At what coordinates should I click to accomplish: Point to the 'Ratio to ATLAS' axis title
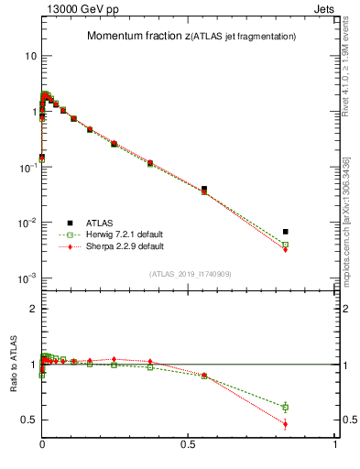click(12, 365)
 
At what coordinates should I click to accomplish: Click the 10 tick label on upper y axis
click(29, 56)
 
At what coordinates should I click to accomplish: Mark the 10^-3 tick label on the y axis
click(26, 278)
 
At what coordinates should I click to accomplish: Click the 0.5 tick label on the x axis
click(188, 444)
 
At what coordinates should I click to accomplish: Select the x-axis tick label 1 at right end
click(335, 444)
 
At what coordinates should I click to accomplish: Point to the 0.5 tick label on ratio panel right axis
click(347, 420)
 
